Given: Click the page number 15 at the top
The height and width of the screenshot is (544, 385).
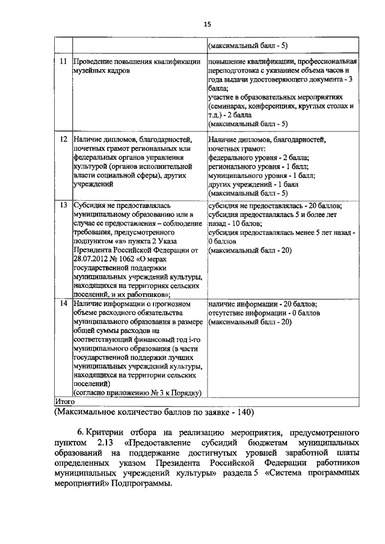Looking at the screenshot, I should click(x=208, y=24).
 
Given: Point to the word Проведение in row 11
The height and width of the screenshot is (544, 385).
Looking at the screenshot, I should click(x=96, y=61).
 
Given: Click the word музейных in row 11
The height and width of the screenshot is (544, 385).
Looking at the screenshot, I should click(x=90, y=70).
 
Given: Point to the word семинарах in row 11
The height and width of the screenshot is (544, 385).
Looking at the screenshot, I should click(x=232, y=105).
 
